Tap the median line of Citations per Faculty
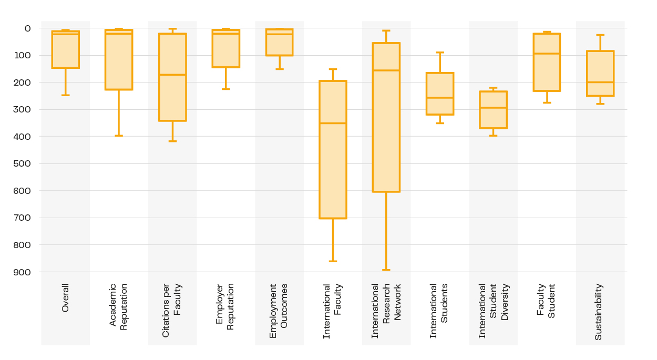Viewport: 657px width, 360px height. coord(172,75)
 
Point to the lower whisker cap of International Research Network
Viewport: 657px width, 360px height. coord(386,270)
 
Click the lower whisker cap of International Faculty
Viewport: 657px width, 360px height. coord(333,261)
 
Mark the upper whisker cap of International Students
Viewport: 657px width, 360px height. coord(440,53)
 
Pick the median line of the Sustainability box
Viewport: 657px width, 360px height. coord(600,82)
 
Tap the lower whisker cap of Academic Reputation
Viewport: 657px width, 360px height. coord(119,136)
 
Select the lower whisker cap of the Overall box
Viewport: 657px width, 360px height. coord(65,95)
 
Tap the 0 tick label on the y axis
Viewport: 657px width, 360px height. coord(27,28)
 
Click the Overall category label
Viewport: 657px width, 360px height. coord(65,298)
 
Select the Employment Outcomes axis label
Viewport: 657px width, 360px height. coord(279,311)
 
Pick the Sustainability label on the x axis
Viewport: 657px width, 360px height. coord(599,312)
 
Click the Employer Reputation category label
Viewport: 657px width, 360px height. coord(225,306)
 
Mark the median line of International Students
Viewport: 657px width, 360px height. coord(440,98)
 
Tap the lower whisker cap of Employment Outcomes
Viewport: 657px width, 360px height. coord(279,69)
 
